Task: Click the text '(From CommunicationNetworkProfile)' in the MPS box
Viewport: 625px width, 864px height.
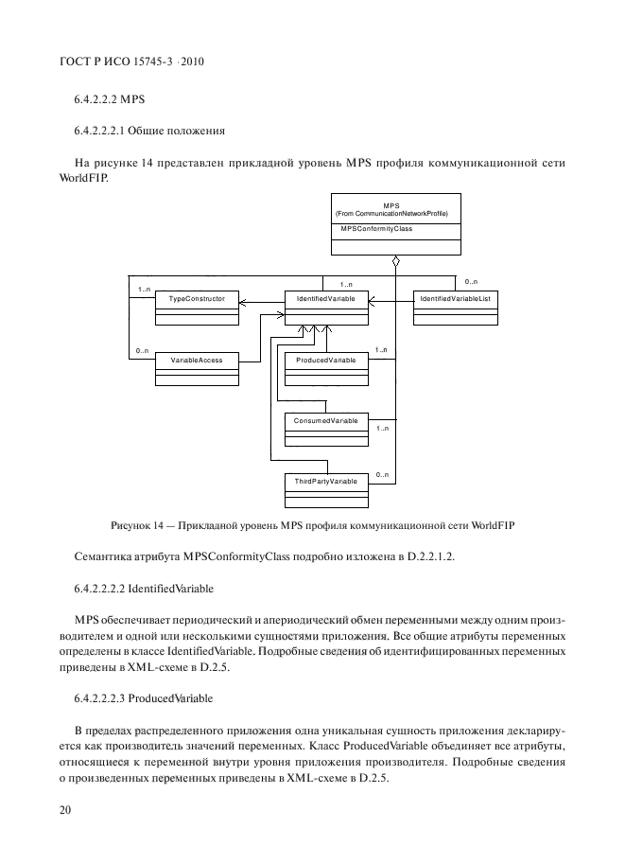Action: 391,213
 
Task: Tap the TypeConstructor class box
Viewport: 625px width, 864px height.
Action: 196,307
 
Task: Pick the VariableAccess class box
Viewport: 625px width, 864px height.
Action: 196,368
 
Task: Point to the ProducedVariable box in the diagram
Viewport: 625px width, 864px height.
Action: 326,368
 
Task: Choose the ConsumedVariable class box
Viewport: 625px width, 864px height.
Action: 326,426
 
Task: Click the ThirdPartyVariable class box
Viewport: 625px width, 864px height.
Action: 326,488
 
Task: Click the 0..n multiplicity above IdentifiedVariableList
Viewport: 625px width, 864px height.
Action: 471,281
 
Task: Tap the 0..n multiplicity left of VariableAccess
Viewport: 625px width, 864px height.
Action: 142,352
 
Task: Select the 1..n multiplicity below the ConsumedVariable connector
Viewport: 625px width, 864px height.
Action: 382,430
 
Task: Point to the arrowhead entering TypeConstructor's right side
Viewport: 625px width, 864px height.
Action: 242,303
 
